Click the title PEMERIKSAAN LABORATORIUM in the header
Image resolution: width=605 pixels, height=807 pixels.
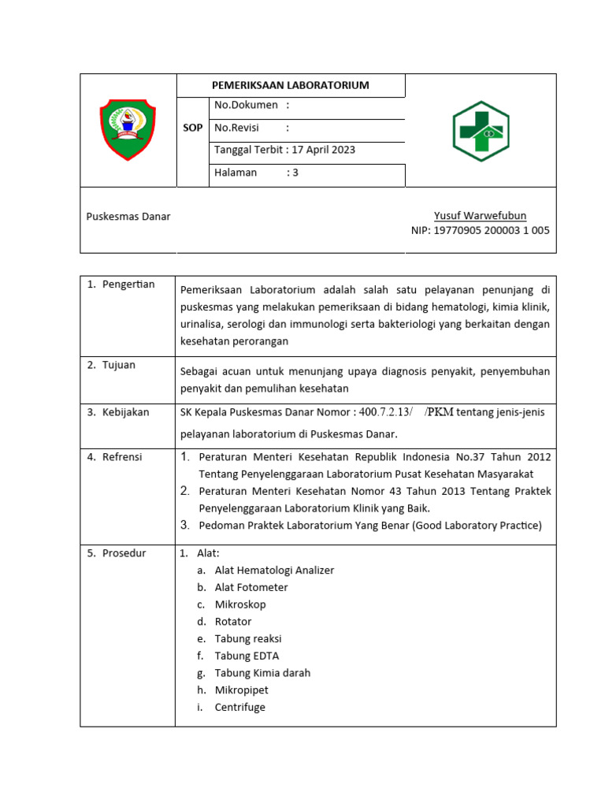click(x=291, y=85)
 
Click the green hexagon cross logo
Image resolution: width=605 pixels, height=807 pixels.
click(x=480, y=131)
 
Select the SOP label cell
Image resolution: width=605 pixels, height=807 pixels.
click(x=193, y=128)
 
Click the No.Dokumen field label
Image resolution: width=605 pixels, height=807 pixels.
click(x=246, y=105)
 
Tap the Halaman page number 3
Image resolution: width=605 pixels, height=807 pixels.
click(x=295, y=173)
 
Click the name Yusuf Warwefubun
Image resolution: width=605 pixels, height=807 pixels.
click(x=480, y=216)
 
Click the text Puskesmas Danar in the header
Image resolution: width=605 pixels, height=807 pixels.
click(x=128, y=216)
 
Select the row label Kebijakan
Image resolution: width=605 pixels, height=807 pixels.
click(x=125, y=412)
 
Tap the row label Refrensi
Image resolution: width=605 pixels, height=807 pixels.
click(x=122, y=457)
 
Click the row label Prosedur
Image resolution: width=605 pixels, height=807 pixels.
click(x=124, y=553)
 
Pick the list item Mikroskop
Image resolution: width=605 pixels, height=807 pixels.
click(x=240, y=604)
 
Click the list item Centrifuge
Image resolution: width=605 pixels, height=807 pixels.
click(x=240, y=707)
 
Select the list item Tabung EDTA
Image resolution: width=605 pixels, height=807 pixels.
click(x=247, y=656)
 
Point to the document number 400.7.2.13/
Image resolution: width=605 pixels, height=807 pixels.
click(x=386, y=412)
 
